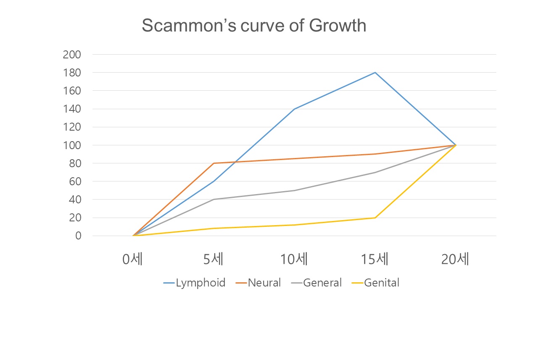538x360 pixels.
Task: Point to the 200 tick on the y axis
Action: [x=71, y=55]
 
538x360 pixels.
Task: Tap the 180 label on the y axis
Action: [x=71, y=73]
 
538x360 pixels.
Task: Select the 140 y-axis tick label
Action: [x=71, y=109]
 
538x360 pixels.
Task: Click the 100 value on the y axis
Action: [x=71, y=145]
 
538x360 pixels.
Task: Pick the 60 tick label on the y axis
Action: [x=74, y=181]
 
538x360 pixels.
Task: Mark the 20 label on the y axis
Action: [x=74, y=218]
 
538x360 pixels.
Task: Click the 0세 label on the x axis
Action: [x=133, y=260]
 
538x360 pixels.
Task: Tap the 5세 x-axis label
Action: [x=214, y=260]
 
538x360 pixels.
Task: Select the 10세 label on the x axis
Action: [x=294, y=260]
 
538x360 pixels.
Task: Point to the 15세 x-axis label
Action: [x=374, y=260]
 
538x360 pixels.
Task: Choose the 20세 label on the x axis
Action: [x=455, y=260]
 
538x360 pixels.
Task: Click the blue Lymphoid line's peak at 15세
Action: [x=375, y=73]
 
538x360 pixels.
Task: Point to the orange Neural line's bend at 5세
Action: [x=214, y=163]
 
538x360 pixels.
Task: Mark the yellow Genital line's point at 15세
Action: [x=375, y=218]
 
